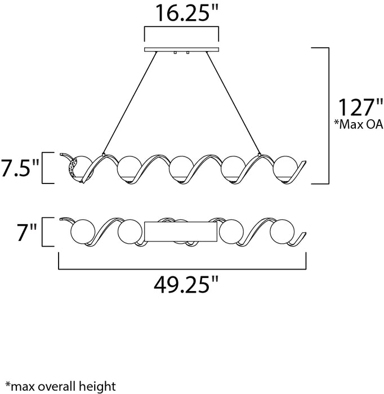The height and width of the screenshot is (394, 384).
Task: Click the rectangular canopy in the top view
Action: pos(181,231)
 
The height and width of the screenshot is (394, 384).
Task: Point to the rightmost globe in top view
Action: pos(281,231)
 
